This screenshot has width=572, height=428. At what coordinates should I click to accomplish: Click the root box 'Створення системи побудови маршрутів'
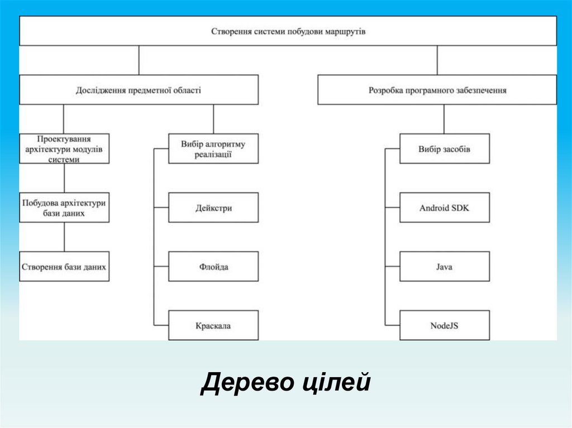coord(288,31)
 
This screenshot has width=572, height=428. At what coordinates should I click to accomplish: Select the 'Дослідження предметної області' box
coord(139,90)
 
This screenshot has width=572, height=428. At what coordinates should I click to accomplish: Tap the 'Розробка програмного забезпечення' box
coord(437,90)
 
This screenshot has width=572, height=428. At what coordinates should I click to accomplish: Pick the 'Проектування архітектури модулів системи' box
coord(64,148)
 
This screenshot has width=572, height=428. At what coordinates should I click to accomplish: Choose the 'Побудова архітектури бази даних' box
coord(64,208)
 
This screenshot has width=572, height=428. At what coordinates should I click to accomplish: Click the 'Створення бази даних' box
coord(64,267)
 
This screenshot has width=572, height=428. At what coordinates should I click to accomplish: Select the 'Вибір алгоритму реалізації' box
coord(213,148)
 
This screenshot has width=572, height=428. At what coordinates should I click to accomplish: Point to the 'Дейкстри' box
coord(213,208)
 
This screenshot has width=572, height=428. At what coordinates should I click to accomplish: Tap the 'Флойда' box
coord(213,267)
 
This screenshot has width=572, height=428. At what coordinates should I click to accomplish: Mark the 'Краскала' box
coord(213,325)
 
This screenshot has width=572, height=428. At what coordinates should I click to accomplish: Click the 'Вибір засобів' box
coord(445,148)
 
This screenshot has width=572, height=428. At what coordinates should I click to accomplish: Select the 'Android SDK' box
coord(445,208)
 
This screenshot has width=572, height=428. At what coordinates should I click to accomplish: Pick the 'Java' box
coord(445,267)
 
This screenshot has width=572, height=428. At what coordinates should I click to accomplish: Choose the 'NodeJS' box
coord(445,325)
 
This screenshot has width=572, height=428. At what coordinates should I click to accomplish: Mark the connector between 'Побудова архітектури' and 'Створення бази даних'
coord(64,237)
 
